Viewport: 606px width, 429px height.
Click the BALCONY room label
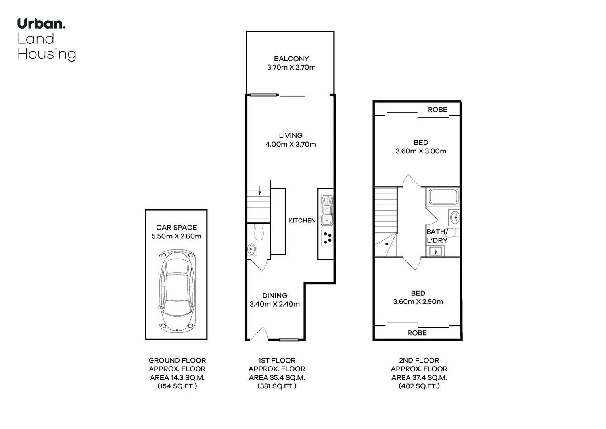pyautogui.click(x=291, y=58)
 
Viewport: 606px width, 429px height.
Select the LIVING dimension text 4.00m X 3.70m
pyautogui.click(x=291, y=144)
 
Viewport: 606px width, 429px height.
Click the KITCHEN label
pyautogui.click(x=302, y=220)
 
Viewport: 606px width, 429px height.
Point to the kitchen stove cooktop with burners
pyautogui.click(x=327, y=238)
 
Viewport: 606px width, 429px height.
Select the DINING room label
pyautogui.click(x=274, y=296)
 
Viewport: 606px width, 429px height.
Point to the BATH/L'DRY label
pyautogui.click(x=437, y=236)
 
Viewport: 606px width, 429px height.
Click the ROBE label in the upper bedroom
pyautogui.click(x=437, y=110)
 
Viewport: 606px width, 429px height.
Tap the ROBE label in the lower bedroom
pyautogui.click(x=417, y=333)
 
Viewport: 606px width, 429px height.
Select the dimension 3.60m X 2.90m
pyautogui.click(x=418, y=301)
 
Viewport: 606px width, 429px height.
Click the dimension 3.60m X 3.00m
pyautogui.click(x=421, y=151)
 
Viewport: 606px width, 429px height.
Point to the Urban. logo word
pyautogui.click(x=41, y=23)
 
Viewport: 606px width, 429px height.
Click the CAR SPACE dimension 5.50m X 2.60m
pyautogui.click(x=176, y=236)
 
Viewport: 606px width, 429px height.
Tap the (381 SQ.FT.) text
pyautogui.click(x=277, y=386)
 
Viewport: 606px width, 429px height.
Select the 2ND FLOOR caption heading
pyautogui.click(x=419, y=360)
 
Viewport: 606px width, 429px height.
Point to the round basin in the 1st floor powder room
pyautogui.click(x=251, y=249)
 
